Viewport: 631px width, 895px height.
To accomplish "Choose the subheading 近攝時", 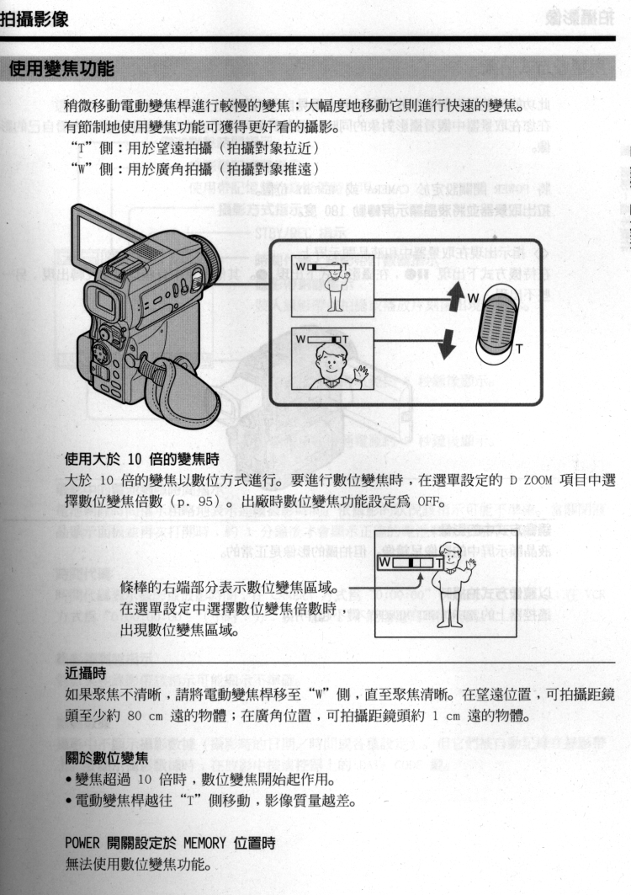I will [86, 672].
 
